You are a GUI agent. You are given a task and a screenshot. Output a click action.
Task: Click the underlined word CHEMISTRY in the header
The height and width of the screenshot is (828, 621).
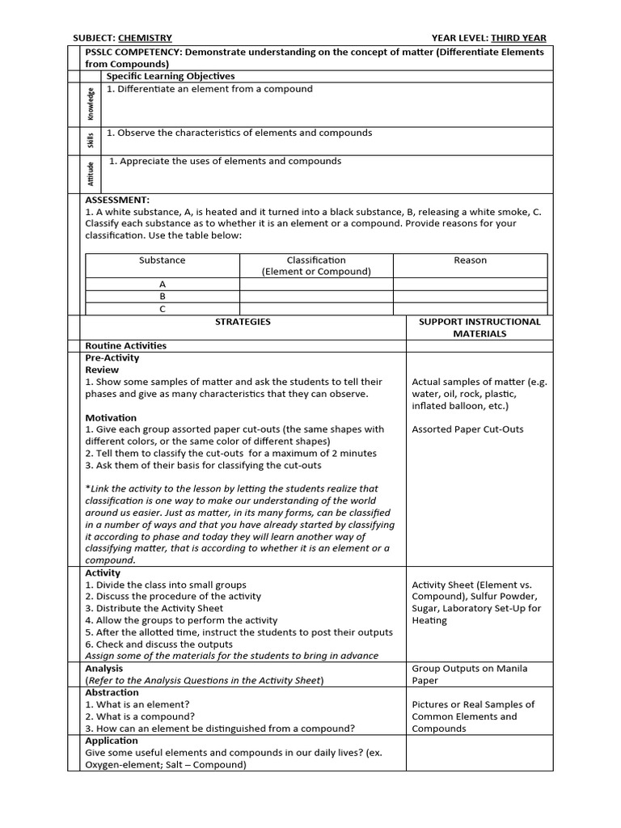(x=145, y=38)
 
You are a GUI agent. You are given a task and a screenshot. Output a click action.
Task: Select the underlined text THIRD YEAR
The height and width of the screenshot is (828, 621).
(x=517, y=38)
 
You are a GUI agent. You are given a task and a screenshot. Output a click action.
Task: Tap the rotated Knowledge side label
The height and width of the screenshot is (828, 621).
(x=91, y=104)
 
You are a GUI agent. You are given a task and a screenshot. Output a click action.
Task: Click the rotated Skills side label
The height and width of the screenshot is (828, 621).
(x=91, y=141)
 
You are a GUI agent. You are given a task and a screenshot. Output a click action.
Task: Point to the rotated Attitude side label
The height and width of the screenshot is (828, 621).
(x=91, y=174)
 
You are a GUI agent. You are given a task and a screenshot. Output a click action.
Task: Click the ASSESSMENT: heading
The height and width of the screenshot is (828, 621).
(x=117, y=199)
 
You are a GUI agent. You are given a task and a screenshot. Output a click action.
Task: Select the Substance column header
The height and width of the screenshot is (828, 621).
(x=162, y=260)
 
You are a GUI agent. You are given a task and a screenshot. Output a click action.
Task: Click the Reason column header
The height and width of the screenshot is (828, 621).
(x=470, y=260)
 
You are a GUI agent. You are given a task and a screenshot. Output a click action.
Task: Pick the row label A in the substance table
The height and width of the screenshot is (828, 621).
(x=162, y=285)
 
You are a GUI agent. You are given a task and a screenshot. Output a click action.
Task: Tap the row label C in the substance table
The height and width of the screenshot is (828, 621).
(x=162, y=309)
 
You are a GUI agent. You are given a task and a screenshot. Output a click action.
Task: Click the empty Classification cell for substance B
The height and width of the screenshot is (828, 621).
(x=315, y=297)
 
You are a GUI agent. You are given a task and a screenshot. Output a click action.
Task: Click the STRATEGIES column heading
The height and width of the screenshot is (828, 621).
(x=243, y=322)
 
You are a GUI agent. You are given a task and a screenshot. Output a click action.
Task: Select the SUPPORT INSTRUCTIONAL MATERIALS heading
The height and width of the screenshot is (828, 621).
(x=479, y=327)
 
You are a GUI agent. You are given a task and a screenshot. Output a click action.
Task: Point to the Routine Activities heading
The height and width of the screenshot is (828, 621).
(x=125, y=345)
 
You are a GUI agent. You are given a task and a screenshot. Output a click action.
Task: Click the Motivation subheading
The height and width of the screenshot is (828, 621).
(x=111, y=418)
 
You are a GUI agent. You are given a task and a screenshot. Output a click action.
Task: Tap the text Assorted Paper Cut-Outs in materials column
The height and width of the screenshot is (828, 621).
(x=467, y=429)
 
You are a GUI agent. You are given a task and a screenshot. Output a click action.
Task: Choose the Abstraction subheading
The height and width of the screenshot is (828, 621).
(x=112, y=692)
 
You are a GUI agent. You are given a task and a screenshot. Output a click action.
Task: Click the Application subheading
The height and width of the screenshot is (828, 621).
(x=112, y=741)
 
